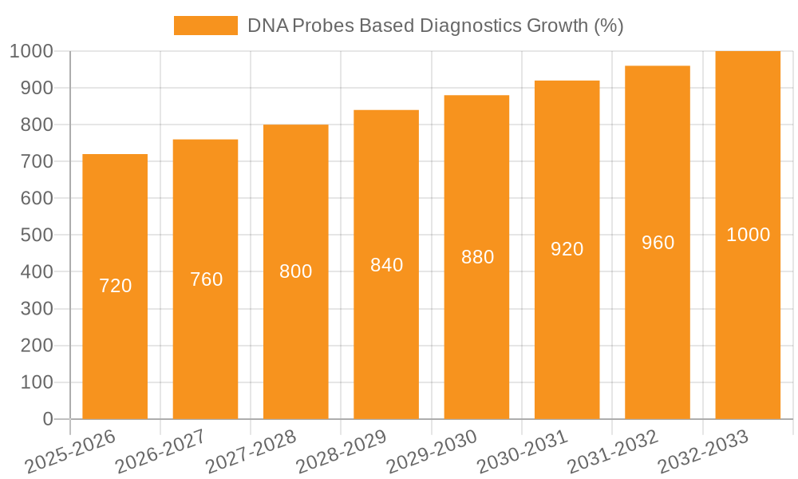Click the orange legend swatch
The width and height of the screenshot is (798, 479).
[x=206, y=26]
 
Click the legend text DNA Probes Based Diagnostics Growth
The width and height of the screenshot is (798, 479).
[x=435, y=26]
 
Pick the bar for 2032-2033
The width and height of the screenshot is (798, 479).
[x=748, y=335]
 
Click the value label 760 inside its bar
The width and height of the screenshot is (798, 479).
[x=206, y=279]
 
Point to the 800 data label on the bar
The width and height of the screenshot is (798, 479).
[x=296, y=271]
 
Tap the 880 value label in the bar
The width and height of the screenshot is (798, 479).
[x=477, y=257]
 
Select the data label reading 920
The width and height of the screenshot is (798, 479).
[x=567, y=249]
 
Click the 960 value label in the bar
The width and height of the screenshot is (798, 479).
[x=658, y=243]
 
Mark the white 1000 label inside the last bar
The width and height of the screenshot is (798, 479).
[x=748, y=235]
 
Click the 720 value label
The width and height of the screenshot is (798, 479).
[x=115, y=286]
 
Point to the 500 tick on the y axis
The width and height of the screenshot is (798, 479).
[x=37, y=236]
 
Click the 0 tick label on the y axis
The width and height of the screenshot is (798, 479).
[x=47, y=419]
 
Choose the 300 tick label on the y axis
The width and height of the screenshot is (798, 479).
[x=37, y=309]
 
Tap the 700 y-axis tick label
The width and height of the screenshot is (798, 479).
[x=37, y=161]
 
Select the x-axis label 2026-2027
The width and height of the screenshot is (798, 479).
[x=160, y=452]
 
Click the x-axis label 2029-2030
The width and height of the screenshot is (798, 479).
[x=432, y=452]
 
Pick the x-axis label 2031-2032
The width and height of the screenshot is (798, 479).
[x=612, y=452]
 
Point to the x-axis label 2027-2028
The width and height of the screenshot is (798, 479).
[x=251, y=452]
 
